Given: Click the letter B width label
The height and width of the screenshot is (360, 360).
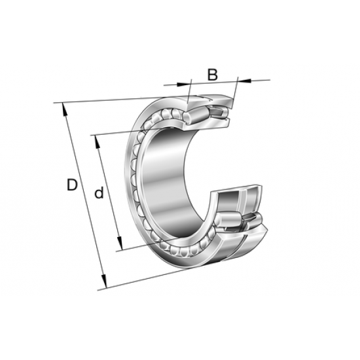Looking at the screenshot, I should (x=212, y=75).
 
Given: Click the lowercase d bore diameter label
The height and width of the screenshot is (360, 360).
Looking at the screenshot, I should (x=99, y=193).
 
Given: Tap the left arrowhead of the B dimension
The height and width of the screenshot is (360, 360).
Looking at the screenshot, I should (x=186, y=83).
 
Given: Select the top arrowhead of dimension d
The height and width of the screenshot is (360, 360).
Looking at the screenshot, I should (x=96, y=139).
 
